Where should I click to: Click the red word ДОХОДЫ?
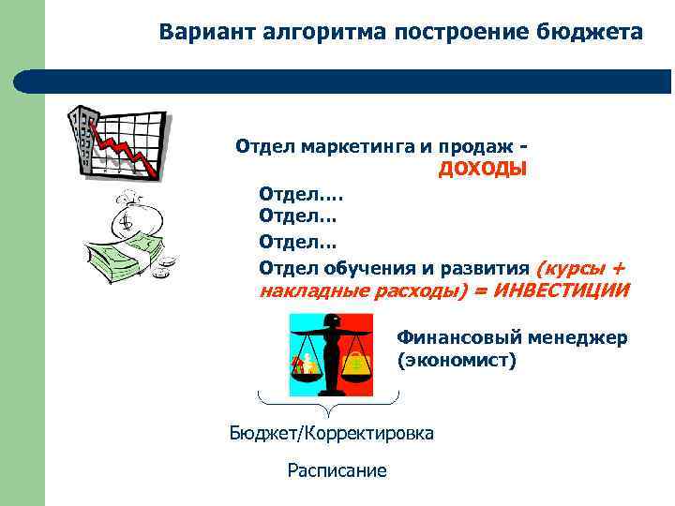(483, 169)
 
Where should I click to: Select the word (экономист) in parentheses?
(457, 360)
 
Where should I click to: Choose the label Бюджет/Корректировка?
(332, 433)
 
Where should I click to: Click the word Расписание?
(337, 470)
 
